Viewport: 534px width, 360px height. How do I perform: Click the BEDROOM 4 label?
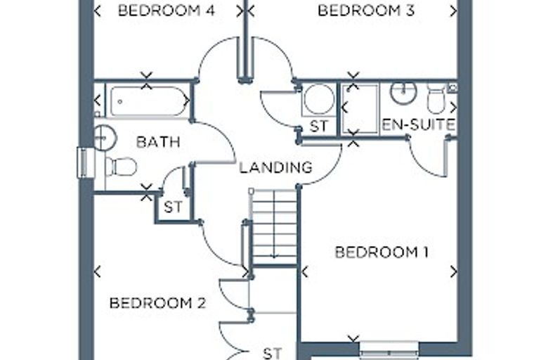pyautogui.click(x=167, y=11)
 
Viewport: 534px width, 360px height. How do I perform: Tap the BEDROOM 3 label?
pyautogui.click(x=366, y=11)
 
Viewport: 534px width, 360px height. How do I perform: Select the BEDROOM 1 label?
pyautogui.click(x=382, y=252)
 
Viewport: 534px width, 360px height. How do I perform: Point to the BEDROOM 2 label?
pyautogui.click(x=157, y=303)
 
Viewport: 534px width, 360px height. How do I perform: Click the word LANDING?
pyautogui.click(x=275, y=167)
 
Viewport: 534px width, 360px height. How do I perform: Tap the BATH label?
pyautogui.click(x=158, y=142)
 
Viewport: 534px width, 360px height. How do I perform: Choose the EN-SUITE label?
pyautogui.click(x=419, y=124)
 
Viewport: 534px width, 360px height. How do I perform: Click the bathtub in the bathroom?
pyautogui.click(x=148, y=101)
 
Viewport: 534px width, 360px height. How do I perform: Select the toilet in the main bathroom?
pyautogui.click(x=121, y=167)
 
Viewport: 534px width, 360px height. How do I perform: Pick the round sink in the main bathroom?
pyautogui.click(x=105, y=138)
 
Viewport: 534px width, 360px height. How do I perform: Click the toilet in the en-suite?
pyautogui.click(x=436, y=99)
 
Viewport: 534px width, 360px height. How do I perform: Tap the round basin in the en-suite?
pyautogui.click(x=403, y=91)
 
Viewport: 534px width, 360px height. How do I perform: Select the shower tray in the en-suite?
pyautogui.click(x=360, y=109)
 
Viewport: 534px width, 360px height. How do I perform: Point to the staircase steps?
pyautogui.click(x=274, y=226)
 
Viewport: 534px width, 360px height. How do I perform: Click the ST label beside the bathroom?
pyautogui.click(x=173, y=207)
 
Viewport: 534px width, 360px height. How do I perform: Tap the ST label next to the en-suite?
pyautogui.click(x=319, y=127)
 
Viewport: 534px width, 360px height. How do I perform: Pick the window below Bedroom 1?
pyautogui.click(x=389, y=350)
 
